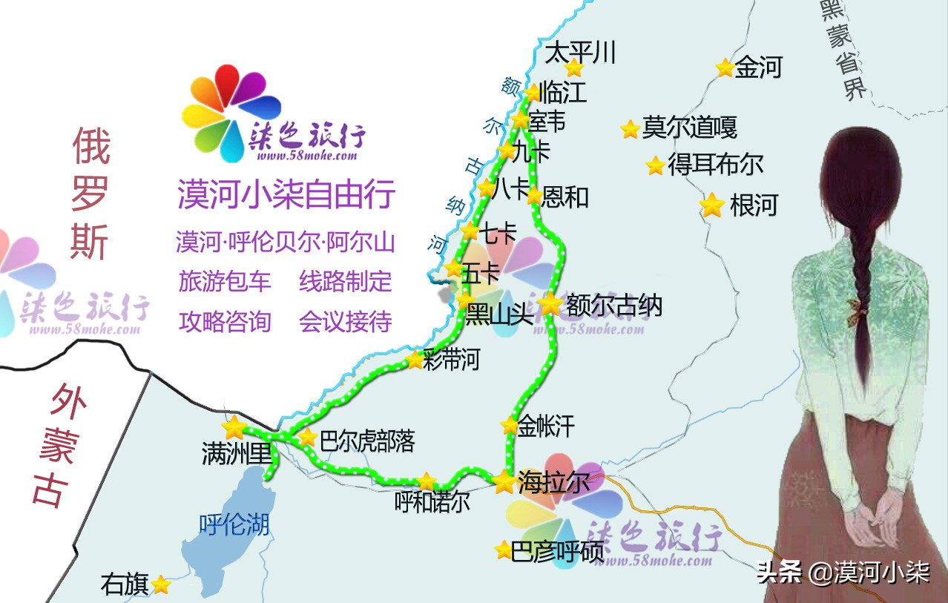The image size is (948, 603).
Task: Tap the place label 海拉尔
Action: [x=553, y=482]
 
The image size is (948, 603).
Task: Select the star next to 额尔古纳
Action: [x=550, y=304]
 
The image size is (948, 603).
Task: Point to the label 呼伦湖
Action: [x=234, y=525]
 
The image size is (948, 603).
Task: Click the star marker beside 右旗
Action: [x=161, y=585]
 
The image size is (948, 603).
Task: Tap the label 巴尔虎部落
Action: [x=366, y=441]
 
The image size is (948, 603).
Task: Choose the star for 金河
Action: [x=725, y=67]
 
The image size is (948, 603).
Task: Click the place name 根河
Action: [x=753, y=205]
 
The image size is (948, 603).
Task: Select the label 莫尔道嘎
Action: [x=689, y=128]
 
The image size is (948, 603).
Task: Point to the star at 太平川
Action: [x=574, y=67]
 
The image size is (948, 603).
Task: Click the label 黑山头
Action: [x=499, y=315]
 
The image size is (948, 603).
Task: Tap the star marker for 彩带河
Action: [x=414, y=361]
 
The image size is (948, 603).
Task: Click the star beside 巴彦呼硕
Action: [x=504, y=550]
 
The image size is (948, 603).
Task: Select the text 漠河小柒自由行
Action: [x=286, y=194]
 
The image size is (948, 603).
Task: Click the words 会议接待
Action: [x=346, y=321]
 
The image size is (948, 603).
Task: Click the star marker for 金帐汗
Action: [x=510, y=426]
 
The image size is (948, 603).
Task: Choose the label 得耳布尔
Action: [x=715, y=165]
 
